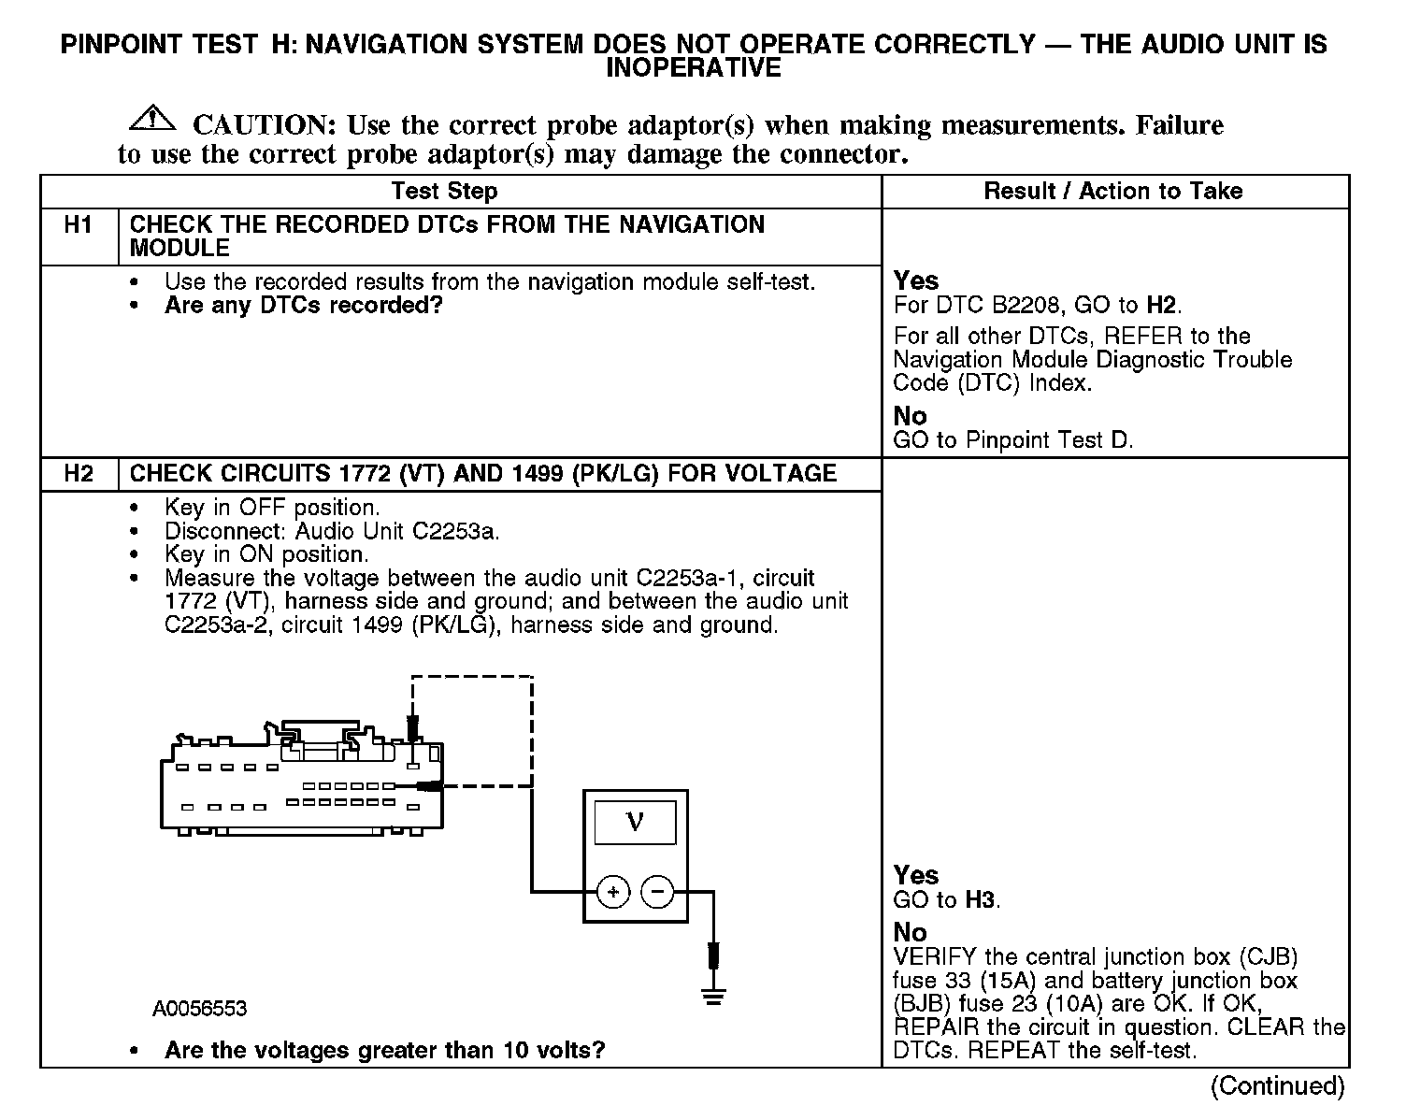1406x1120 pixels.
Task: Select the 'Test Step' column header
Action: [444, 192]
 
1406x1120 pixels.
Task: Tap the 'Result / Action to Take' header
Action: [1112, 192]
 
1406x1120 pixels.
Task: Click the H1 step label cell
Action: [79, 225]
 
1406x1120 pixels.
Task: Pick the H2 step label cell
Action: [79, 474]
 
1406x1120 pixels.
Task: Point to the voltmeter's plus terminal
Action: [613, 893]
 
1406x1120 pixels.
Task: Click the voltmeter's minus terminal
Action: [657, 893]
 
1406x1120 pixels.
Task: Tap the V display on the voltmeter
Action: [635, 823]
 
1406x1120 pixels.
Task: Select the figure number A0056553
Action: [200, 1009]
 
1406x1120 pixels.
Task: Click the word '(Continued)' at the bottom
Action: [1277, 1086]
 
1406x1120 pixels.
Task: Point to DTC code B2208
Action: [1025, 305]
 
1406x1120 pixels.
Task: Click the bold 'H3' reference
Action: [981, 900]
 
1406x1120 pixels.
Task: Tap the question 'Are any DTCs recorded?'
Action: [303, 306]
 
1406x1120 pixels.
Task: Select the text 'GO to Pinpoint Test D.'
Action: [1012, 440]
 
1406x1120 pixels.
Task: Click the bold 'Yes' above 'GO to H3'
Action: [916, 875]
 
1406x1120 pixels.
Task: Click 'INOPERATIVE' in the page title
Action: [693, 68]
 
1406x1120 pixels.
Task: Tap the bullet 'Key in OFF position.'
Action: [272, 508]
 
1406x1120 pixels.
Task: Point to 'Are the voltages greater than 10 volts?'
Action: [384, 1050]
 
